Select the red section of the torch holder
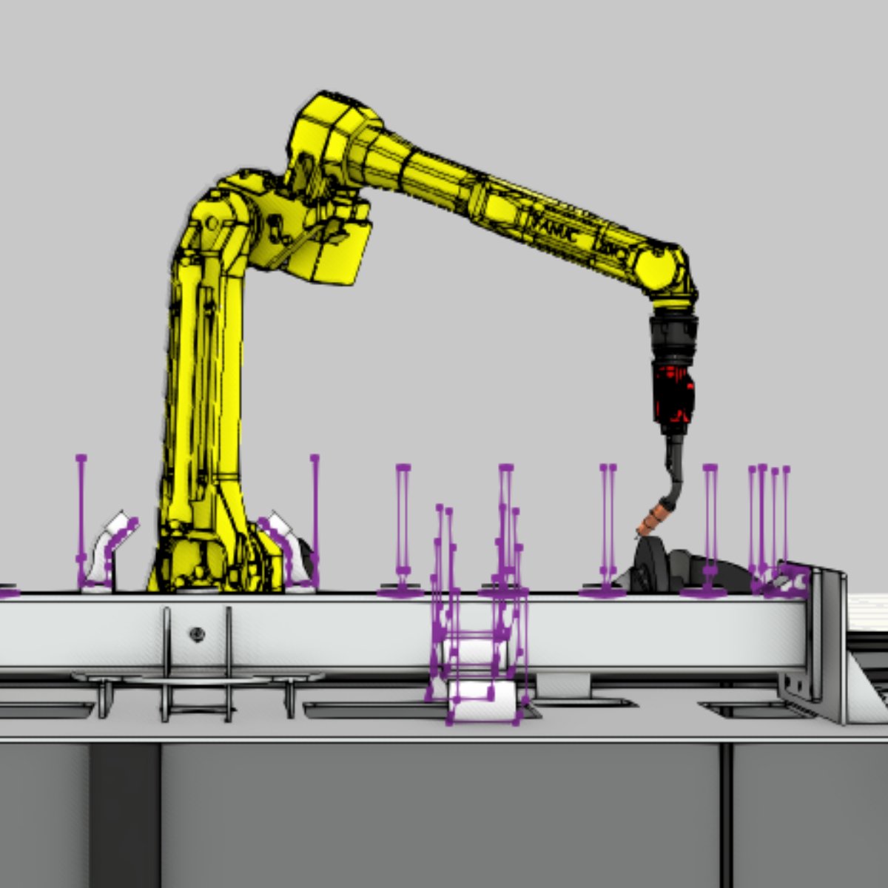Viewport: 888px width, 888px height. pos(673,397)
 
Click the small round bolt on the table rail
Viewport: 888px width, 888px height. pos(196,634)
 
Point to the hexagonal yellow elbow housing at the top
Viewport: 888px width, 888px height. pos(333,133)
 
